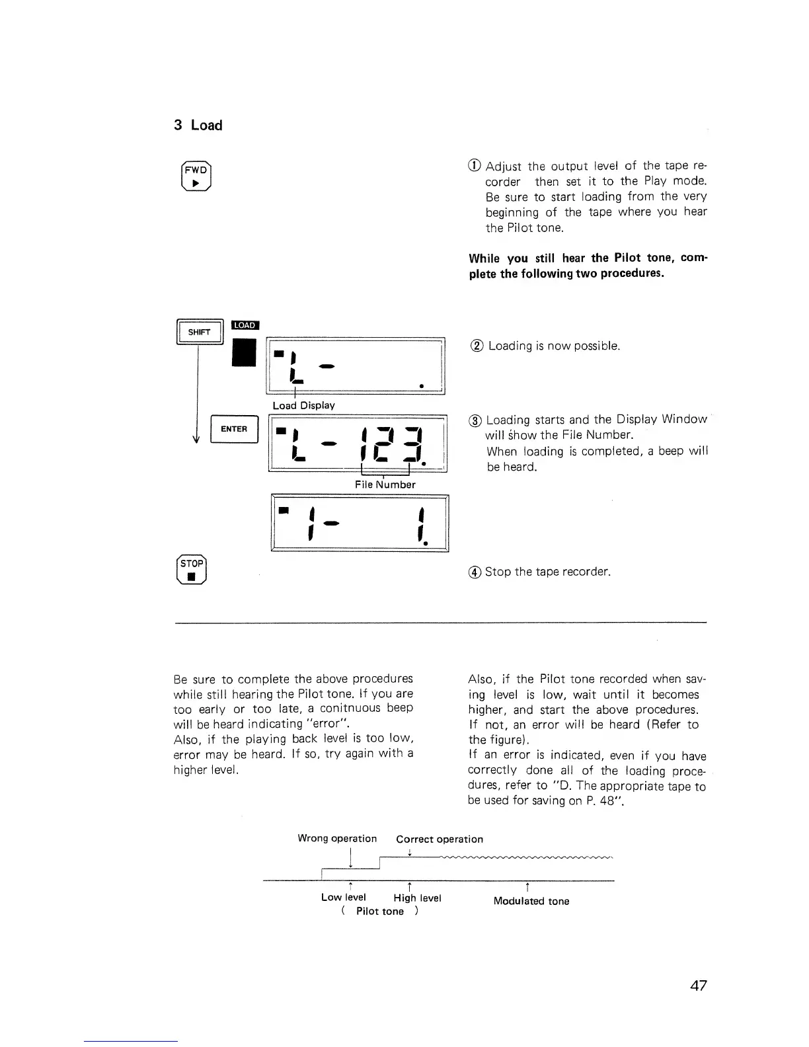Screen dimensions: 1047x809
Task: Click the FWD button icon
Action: [x=196, y=176]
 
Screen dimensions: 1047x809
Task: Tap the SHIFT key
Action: [x=199, y=332]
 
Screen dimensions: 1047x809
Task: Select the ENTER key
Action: [x=233, y=429]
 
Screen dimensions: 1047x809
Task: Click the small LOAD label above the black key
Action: [x=245, y=325]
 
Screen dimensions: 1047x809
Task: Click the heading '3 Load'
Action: [x=198, y=126]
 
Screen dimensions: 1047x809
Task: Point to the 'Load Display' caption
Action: [x=303, y=405]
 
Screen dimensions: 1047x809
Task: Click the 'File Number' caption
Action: [x=385, y=485]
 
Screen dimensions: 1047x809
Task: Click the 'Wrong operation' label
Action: [x=337, y=839]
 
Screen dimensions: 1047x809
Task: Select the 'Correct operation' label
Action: [x=440, y=839]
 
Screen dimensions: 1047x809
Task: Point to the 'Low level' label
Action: [x=343, y=897]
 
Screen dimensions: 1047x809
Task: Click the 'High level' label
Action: [x=417, y=898]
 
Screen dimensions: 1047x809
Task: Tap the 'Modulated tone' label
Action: [x=531, y=901]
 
